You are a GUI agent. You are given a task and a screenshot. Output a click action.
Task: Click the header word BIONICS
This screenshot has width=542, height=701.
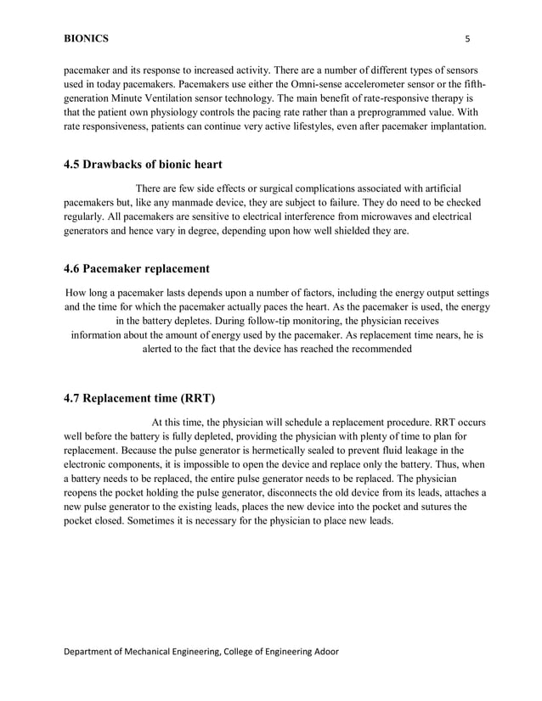pos(86,38)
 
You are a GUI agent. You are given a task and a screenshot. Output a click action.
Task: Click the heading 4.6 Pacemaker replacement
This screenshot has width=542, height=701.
pos(137,269)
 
